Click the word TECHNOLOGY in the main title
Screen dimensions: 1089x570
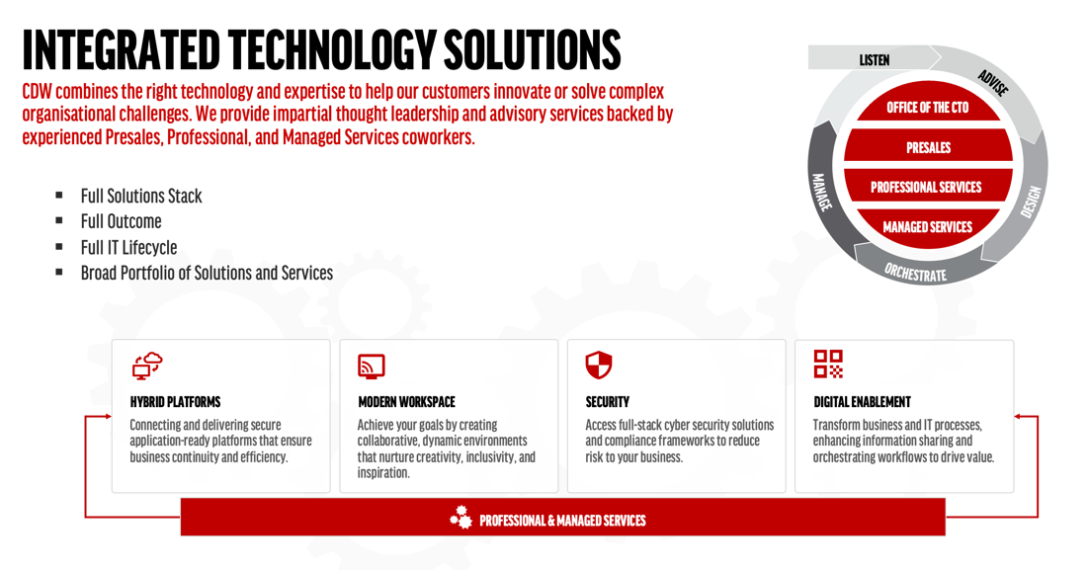tap(332, 49)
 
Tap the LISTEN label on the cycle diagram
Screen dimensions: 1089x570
tap(874, 60)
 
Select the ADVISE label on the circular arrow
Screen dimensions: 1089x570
tap(992, 83)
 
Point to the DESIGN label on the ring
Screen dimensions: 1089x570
tap(1032, 202)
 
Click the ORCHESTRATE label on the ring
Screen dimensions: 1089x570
tap(915, 273)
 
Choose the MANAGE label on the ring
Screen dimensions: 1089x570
tap(821, 192)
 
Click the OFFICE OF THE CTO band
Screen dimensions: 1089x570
tap(927, 108)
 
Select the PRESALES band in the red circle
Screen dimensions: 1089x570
tap(928, 147)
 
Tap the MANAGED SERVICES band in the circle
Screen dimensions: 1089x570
tap(927, 227)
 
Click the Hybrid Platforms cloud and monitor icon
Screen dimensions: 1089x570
tap(147, 366)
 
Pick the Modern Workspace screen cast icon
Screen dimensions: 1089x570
tap(372, 366)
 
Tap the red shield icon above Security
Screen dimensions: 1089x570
tap(599, 366)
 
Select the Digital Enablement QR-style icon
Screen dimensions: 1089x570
tap(828, 364)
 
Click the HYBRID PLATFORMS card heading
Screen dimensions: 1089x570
tap(175, 402)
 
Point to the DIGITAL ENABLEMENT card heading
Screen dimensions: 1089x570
tap(862, 402)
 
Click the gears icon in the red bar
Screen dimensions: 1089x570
tap(461, 518)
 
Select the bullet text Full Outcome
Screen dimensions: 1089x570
tap(121, 221)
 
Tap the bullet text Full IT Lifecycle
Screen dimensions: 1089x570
tap(128, 247)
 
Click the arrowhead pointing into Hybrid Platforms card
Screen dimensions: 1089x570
tap(108, 417)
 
